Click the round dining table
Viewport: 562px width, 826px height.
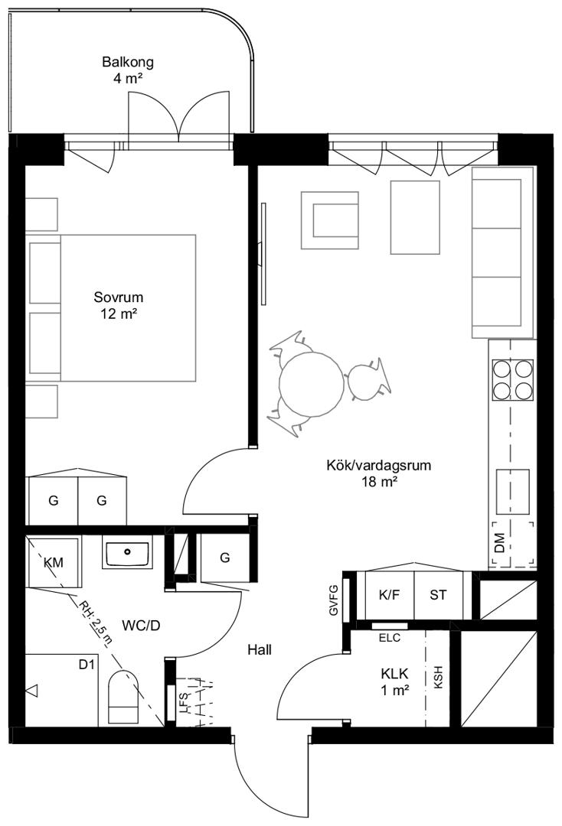point(312,384)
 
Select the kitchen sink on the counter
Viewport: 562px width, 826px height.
point(512,492)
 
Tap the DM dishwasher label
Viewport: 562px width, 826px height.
point(500,543)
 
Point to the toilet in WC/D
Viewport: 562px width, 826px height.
point(123,697)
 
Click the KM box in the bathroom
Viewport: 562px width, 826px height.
point(54,562)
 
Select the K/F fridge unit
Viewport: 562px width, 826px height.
point(390,595)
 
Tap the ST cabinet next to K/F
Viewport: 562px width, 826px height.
point(439,595)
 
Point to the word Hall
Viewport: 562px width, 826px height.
point(260,650)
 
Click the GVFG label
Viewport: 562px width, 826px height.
point(333,600)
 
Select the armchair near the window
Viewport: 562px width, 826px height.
point(331,220)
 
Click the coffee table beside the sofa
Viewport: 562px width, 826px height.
point(415,217)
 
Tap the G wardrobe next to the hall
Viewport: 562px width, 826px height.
point(224,558)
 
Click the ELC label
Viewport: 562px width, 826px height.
point(390,637)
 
